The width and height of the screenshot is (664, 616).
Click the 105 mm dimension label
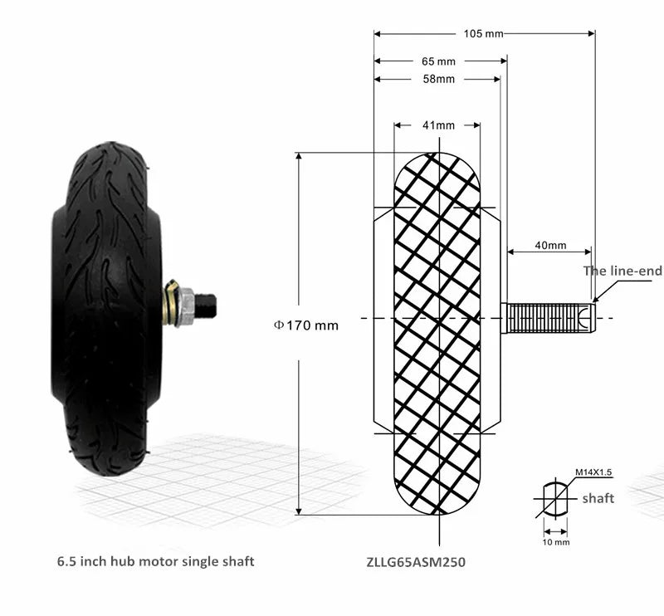point(483,33)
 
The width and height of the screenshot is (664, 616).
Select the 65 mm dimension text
point(438,61)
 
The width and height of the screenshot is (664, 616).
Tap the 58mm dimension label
point(439,79)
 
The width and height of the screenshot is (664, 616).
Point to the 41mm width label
point(438,125)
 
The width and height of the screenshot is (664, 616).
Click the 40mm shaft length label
point(550,245)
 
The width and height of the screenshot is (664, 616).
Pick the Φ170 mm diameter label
point(306,325)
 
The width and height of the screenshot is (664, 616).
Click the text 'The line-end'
point(622,271)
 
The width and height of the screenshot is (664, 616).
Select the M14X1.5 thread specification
point(593,472)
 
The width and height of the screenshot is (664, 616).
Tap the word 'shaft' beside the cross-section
point(598,498)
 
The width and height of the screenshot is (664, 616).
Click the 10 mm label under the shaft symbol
point(556,542)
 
